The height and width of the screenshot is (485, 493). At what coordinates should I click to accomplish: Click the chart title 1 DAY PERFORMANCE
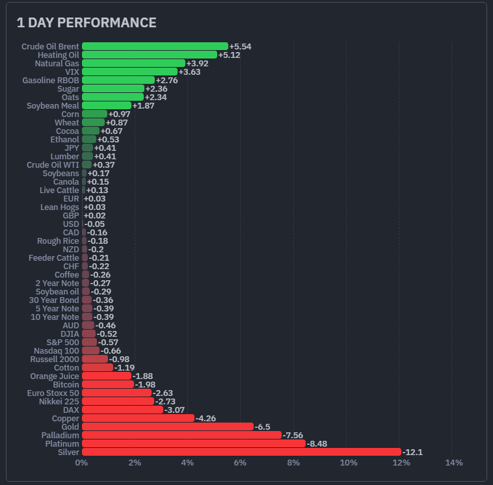point(87,23)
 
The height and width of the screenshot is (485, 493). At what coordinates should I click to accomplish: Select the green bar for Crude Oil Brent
point(155,47)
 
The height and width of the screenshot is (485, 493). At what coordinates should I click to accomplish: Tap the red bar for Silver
point(241,452)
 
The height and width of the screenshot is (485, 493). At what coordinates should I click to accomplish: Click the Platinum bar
point(193,443)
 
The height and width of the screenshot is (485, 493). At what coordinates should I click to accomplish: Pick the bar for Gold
point(167,426)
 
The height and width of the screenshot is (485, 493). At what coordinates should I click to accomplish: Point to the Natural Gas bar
point(133,64)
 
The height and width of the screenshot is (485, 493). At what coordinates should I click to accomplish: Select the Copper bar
point(138,418)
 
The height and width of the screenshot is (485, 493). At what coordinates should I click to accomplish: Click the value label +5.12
point(229,55)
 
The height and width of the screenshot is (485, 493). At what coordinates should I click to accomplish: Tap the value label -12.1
point(412,452)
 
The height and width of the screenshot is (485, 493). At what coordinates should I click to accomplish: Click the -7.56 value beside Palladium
point(293,435)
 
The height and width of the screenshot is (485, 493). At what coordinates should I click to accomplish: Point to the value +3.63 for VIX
point(189,72)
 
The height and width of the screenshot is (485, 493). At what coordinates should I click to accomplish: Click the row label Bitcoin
point(66,384)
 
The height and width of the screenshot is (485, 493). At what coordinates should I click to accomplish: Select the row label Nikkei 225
point(60,401)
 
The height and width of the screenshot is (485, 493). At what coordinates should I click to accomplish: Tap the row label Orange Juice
point(55,376)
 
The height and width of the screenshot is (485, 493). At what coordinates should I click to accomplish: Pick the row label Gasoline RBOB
point(51,81)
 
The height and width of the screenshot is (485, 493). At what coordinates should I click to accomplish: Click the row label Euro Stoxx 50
point(53,393)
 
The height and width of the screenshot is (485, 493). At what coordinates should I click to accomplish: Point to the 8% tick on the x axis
point(293,463)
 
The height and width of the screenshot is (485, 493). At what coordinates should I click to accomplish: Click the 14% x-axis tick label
point(453,463)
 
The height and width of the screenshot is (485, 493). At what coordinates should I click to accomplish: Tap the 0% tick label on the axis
point(81,463)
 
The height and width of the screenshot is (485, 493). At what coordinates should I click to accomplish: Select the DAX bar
point(122,410)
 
